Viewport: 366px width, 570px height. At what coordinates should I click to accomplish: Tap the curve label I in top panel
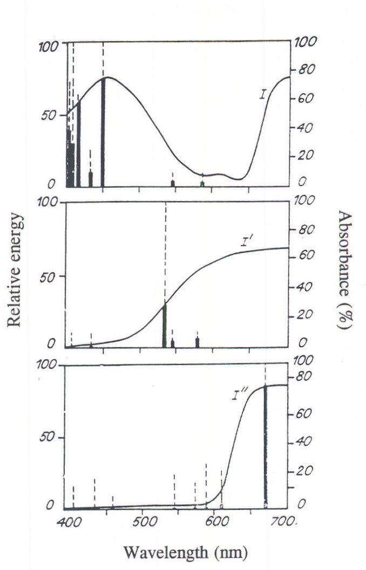(x=262, y=95)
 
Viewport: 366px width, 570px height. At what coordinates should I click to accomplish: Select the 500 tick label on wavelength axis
(x=142, y=521)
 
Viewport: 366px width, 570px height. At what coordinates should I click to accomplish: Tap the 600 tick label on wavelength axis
(x=214, y=521)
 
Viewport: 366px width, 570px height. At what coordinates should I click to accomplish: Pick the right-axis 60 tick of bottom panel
(x=303, y=414)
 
